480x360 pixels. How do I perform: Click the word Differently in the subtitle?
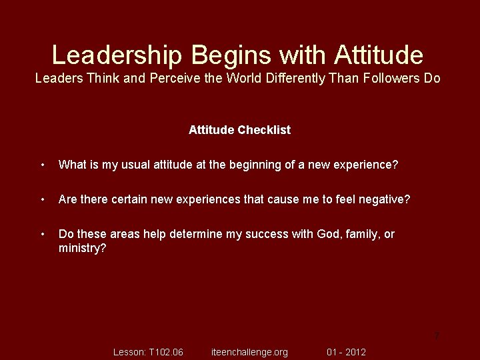click(295, 78)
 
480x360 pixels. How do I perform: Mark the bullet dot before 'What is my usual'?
click(42, 165)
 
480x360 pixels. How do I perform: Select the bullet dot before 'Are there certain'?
click(42, 199)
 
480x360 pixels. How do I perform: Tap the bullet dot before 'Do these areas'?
click(42, 234)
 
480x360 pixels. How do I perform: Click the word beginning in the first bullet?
click(257, 165)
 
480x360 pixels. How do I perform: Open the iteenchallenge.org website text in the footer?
click(249, 352)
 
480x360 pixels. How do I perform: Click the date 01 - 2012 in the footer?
click(346, 352)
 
